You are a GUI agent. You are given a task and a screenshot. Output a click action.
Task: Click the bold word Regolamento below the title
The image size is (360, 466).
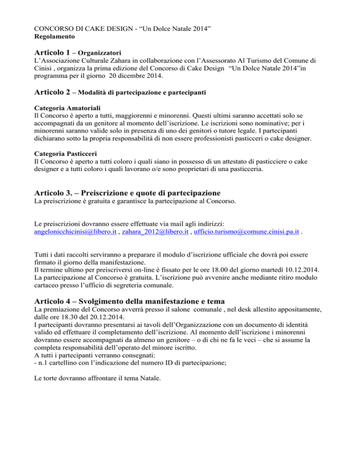[x=56, y=36]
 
